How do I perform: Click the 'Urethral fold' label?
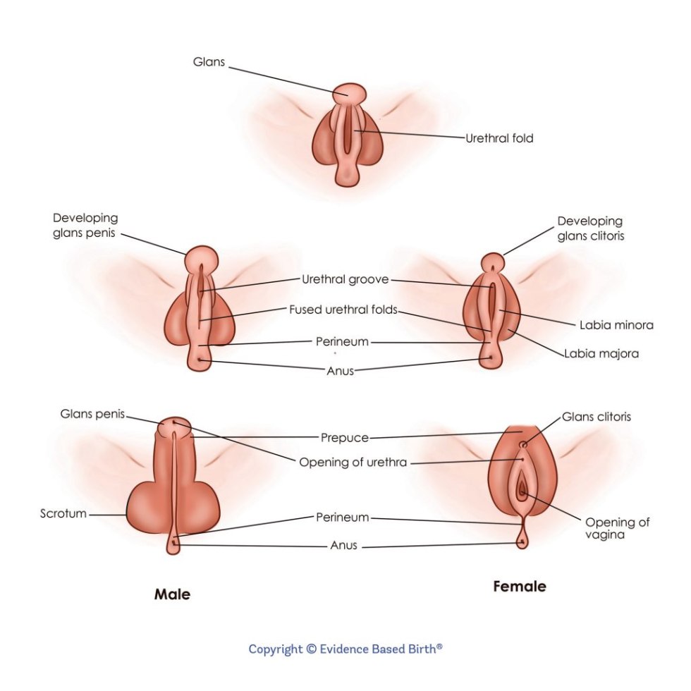(x=499, y=138)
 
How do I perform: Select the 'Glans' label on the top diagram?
(x=209, y=62)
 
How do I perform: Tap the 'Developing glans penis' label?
(x=85, y=226)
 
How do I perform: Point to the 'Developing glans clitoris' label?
(x=590, y=228)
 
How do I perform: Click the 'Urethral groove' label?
(x=345, y=279)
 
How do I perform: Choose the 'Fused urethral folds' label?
(x=343, y=310)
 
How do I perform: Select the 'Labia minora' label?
(x=616, y=325)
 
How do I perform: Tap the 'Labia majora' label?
(x=601, y=354)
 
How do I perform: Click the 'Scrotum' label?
(x=63, y=513)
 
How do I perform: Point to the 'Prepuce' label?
(x=345, y=438)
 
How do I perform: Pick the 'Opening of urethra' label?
(x=353, y=463)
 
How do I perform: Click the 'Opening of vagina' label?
(x=617, y=528)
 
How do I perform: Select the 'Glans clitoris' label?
(x=596, y=417)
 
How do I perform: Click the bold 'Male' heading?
(x=172, y=594)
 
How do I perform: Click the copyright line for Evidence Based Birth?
(x=345, y=649)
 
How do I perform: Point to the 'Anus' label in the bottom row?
(x=344, y=546)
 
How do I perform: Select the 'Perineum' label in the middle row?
(x=342, y=342)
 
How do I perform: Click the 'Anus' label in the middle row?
(x=340, y=371)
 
